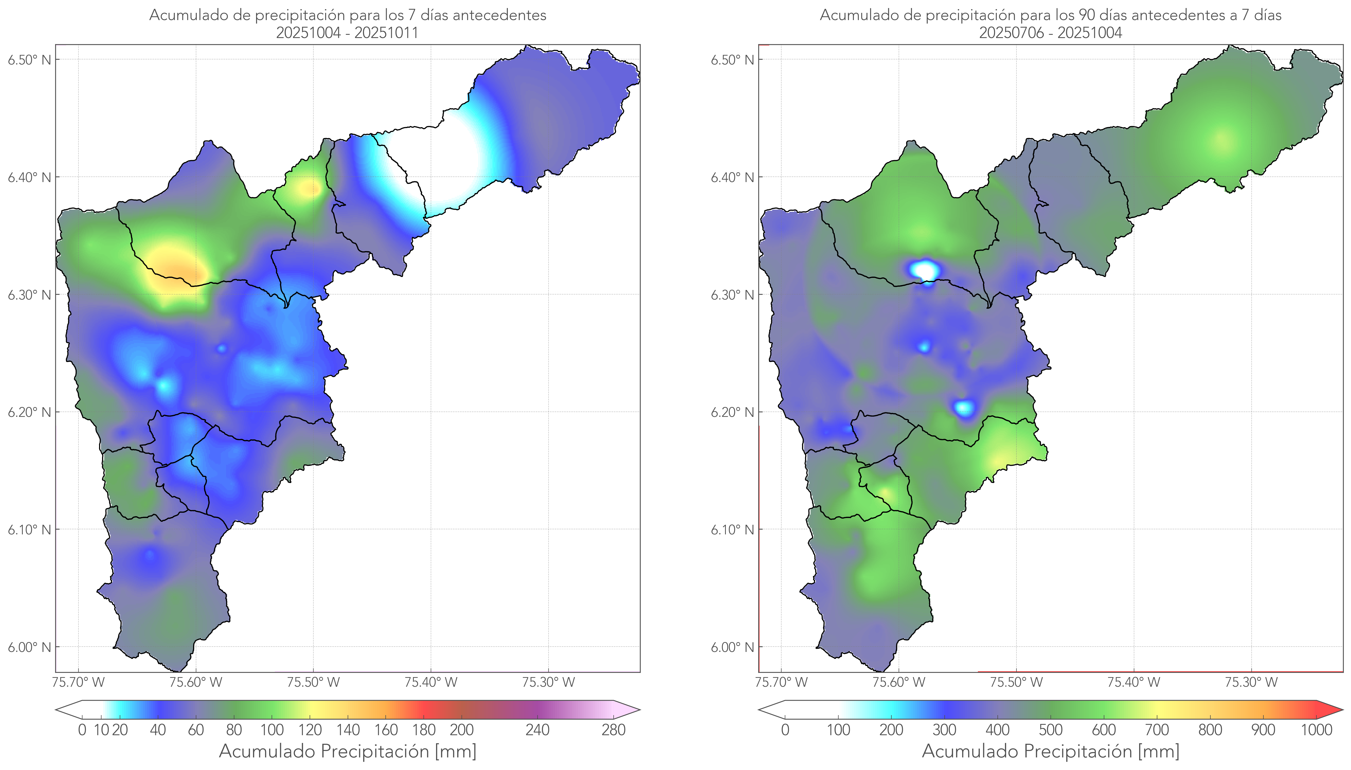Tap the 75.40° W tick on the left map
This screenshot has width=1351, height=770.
click(431, 682)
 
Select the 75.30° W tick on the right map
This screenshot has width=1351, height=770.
click(1251, 682)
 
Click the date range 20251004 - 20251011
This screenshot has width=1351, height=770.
click(347, 33)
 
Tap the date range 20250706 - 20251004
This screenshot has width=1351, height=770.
click(1050, 33)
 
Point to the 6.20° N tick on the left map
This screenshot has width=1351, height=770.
click(29, 412)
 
